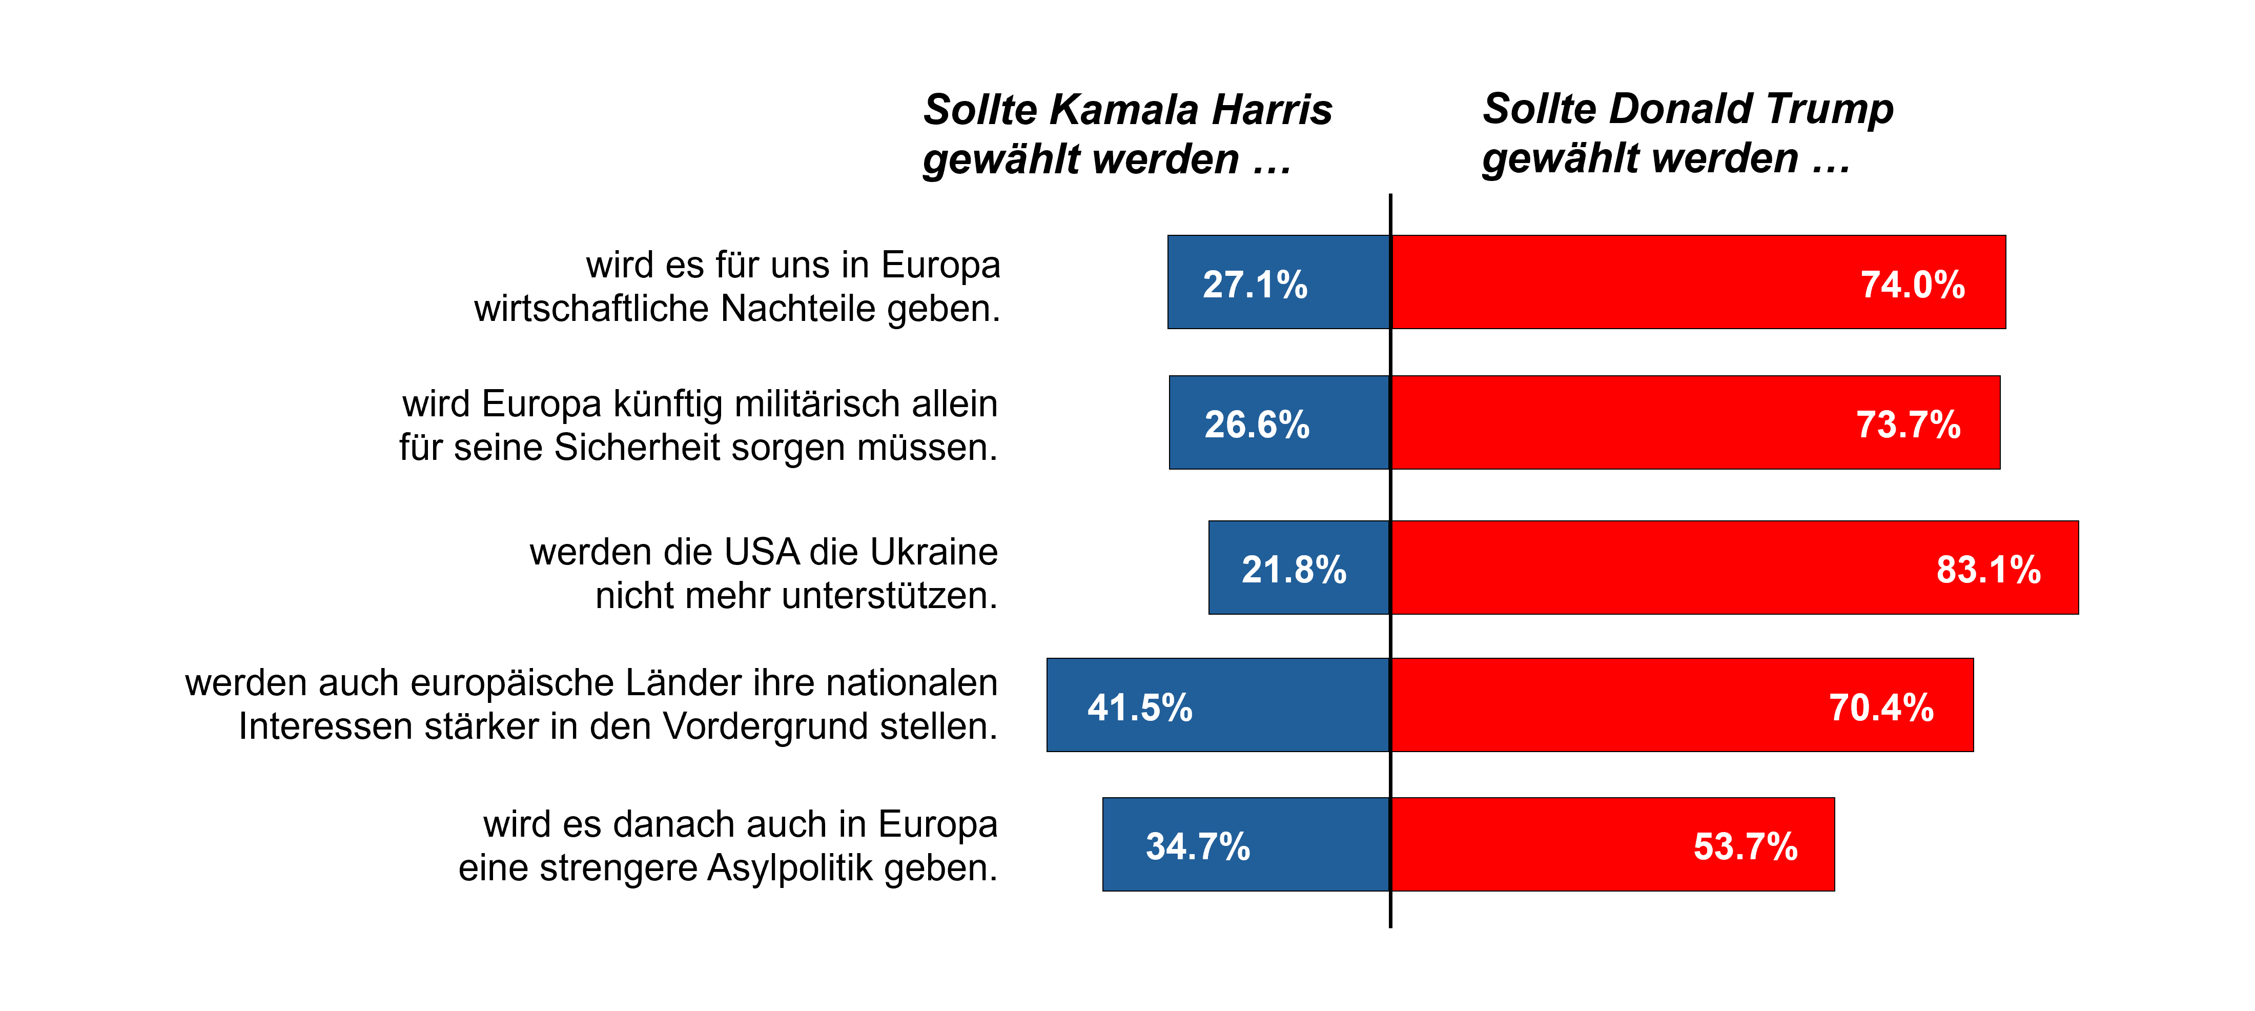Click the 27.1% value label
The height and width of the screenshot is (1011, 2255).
(x=1255, y=285)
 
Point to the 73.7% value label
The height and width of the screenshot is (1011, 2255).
(x=1909, y=424)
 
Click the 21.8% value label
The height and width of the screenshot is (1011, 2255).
(x=1294, y=570)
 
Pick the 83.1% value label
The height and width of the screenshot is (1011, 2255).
(x=1988, y=570)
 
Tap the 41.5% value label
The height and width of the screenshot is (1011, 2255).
(x=1140, y=707)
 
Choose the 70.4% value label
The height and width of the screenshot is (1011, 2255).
(x=1881, y=707)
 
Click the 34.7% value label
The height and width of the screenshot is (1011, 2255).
(x=1198, y=846)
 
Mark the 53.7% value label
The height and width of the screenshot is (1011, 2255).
(x=1746, y=846)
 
